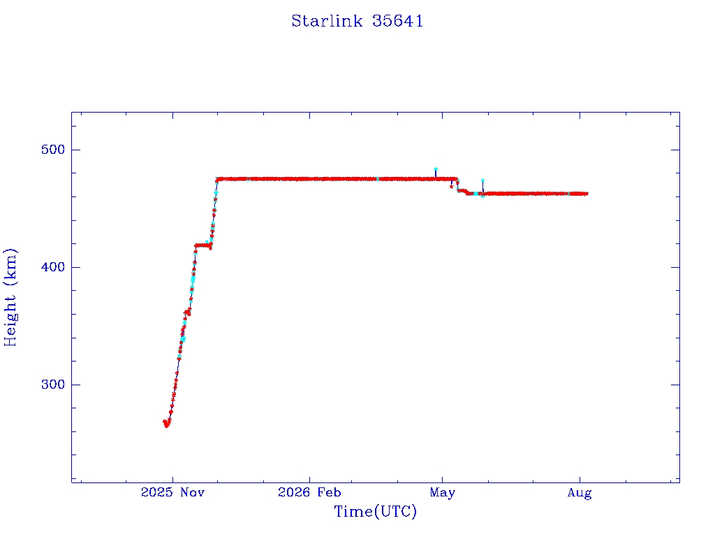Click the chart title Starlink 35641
pyautogui.click(x=357, y=21)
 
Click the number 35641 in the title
pyautogui.click(x=397, y=21)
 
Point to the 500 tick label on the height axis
pyautogui.click(x=53, y=150)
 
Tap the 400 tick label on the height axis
pyautogui.click(x=53, y=267)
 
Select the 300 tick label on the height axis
pyautogui.click(x=53, y=385)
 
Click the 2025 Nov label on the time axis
pyautogui.click(x=173, y=492)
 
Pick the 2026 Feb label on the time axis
pyautogui.click(x=309, y=492)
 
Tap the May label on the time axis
pyautogui.click(x=442, y=493)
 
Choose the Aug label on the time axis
pyautogui.click(x=580, y=493)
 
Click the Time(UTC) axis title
pyautogui.click(x=376, y=511)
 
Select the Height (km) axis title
pyautogui.click(x=10, y=297)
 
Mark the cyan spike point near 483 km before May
pyautogui.click(x=436, y=169)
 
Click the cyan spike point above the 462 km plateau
pyautogui.click(x=482, y=180)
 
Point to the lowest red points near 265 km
pyautogui.click(x=166, y=424)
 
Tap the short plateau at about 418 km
pyautogui.click(x=202, y=245)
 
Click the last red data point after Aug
pyautogui.click(x=587, y=194)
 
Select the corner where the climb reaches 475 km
pyautogui.click(x=217, y=179)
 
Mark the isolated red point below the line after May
pyautogui.click(x=452, y=186)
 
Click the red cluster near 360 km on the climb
pyautogui.click(x=187, y=313)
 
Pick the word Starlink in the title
pyautogui.click(x=327, y=21)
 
